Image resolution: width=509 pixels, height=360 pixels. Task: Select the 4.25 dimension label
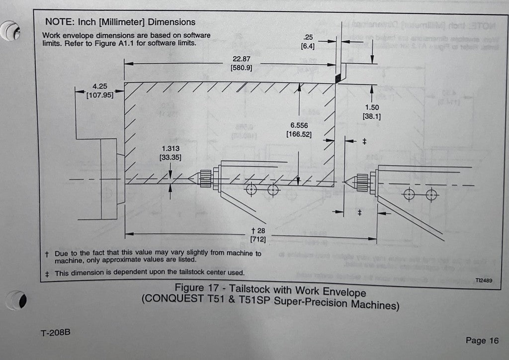(x=100, y=86)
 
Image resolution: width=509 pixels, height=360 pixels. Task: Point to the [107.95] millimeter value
(x=100, y=95)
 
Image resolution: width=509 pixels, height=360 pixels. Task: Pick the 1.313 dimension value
(x=170, y=149)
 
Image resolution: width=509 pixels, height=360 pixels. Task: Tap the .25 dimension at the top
(x=308, y=37)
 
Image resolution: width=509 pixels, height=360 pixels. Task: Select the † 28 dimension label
(x=258, y=231)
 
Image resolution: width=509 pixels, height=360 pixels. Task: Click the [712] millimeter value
(x=258, y=240)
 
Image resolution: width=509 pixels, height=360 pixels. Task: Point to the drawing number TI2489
(x=483, y=280)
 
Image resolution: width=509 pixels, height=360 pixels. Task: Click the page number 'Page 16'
(x=482, y=341)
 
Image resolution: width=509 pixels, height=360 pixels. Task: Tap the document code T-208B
(x=55, y=332)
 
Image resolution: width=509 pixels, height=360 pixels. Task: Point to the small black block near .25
(x=338, y=78)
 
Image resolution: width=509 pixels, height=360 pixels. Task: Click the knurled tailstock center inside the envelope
(x=206, y=178)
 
